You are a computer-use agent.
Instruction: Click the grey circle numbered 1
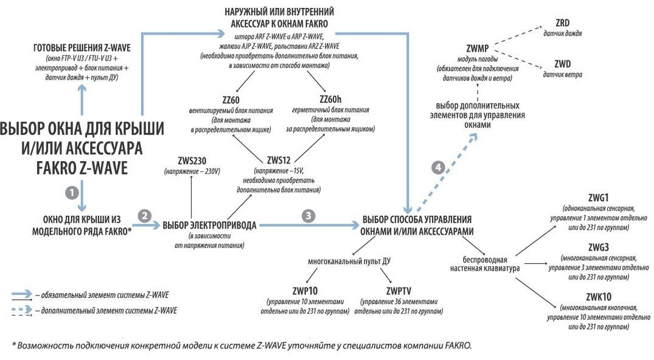pos(72,191)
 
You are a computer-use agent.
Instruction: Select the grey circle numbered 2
pos(145,215)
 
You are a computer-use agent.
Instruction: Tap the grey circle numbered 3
pos(310,215)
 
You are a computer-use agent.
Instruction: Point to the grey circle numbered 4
pos(436,167)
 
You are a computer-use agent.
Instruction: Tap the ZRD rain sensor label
pos(562,23)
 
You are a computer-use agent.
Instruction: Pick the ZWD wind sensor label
pos(563,64)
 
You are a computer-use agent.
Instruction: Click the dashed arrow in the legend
pos(23,310)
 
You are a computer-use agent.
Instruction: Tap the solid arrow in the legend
pos(23,295)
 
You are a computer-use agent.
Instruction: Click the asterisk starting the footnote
pos(14,344)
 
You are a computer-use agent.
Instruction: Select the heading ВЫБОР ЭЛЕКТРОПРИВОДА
pos(210,225)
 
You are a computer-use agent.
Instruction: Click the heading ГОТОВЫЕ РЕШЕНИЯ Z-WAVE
pos(82,48)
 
